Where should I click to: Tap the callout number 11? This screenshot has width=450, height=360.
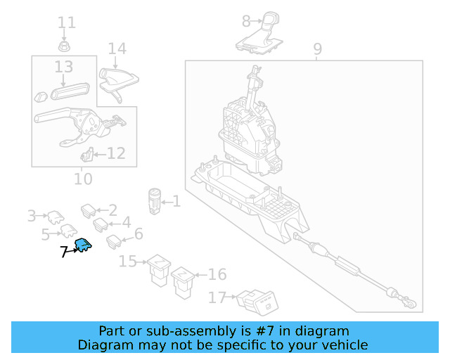point(67,22)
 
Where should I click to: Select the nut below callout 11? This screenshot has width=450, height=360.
point(64,46)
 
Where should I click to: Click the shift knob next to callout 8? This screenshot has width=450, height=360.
point(259,33)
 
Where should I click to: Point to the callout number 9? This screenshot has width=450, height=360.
point(317,49)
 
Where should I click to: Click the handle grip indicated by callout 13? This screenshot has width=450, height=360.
point(70,91)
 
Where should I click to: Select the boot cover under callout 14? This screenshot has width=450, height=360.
point(118,84)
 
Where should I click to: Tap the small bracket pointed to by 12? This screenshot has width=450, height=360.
point(87,154)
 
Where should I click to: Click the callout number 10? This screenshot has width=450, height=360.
point(83,179)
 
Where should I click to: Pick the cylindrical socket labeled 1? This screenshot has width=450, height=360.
point(155,202)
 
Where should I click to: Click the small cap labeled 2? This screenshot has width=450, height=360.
point(89,211)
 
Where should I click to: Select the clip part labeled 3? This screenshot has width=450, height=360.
point(56,217)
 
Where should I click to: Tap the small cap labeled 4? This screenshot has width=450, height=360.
point(101,225)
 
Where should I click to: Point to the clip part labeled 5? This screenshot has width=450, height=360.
point(69,231)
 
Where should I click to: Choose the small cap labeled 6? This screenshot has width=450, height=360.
point(114,242)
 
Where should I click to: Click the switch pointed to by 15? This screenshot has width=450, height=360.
point(159,270)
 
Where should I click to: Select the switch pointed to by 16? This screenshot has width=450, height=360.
point(183,283)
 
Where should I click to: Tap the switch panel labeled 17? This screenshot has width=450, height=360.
point(257,303)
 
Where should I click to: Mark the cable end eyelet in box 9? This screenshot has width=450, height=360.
point(411,304)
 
